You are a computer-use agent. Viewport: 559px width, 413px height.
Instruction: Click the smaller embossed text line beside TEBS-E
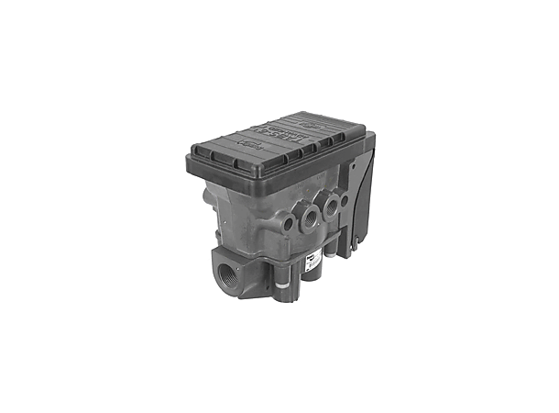pos(275,142)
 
